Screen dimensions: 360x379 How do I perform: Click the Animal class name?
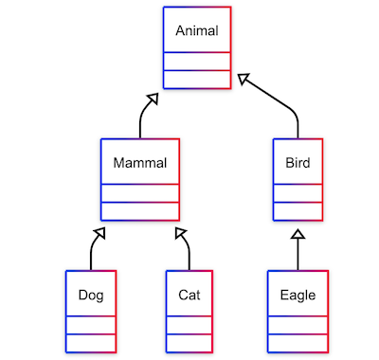coord(196,31)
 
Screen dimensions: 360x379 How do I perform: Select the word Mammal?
coord(139,163)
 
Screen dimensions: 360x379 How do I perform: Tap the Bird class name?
coord(298,163)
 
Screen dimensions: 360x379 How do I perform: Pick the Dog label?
coord(91,295)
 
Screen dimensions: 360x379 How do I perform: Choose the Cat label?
coord(189,295)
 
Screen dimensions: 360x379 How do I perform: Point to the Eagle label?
coord(298,295)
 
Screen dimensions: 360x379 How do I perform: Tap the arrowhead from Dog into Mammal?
coord(99,230)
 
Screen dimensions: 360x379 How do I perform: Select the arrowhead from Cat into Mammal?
coord(180,230)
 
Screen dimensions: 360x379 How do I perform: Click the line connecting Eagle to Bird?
coord(298,254)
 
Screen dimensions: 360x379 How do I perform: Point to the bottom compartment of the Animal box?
coord(196,79)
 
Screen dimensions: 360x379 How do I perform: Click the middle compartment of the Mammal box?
coord(139,193)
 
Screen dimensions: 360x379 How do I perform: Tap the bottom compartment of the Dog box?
coord(91,342)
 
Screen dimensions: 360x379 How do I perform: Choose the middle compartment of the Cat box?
coord(189,325)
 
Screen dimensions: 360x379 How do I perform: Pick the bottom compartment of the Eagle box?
coord(298,342)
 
